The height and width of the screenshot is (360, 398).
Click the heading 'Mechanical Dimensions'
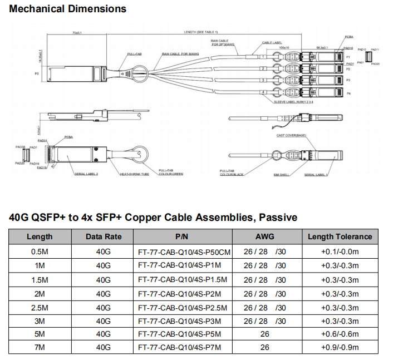(x=68, y=9)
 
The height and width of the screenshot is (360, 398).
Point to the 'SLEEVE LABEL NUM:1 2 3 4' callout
(x=293, y=102)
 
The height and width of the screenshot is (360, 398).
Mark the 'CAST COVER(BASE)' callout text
(x=291, y=135)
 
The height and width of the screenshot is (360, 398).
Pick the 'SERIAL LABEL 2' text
(x=86, y=174)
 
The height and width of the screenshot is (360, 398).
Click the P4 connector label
(x=348, y=93)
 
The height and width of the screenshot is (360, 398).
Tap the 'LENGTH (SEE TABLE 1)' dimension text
(x=201, y=32)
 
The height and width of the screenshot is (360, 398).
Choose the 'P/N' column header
(x=182, y=236)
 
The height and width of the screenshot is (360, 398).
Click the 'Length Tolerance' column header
(x=340, y=236)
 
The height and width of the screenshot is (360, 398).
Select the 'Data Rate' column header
(x=104, y=236)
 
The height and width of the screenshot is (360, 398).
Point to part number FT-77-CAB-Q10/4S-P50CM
(x=184, y=251)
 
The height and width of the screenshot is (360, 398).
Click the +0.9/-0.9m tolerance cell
(x=340, y=348)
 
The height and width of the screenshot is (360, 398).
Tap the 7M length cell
(x=40, y=348)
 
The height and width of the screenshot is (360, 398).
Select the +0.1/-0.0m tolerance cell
(x=340, y=251)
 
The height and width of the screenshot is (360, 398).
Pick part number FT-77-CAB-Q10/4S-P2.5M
(x=181, y=307)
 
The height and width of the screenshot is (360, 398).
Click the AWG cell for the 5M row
(x=264, y=334)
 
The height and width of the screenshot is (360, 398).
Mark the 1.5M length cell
(x=40, y=279)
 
